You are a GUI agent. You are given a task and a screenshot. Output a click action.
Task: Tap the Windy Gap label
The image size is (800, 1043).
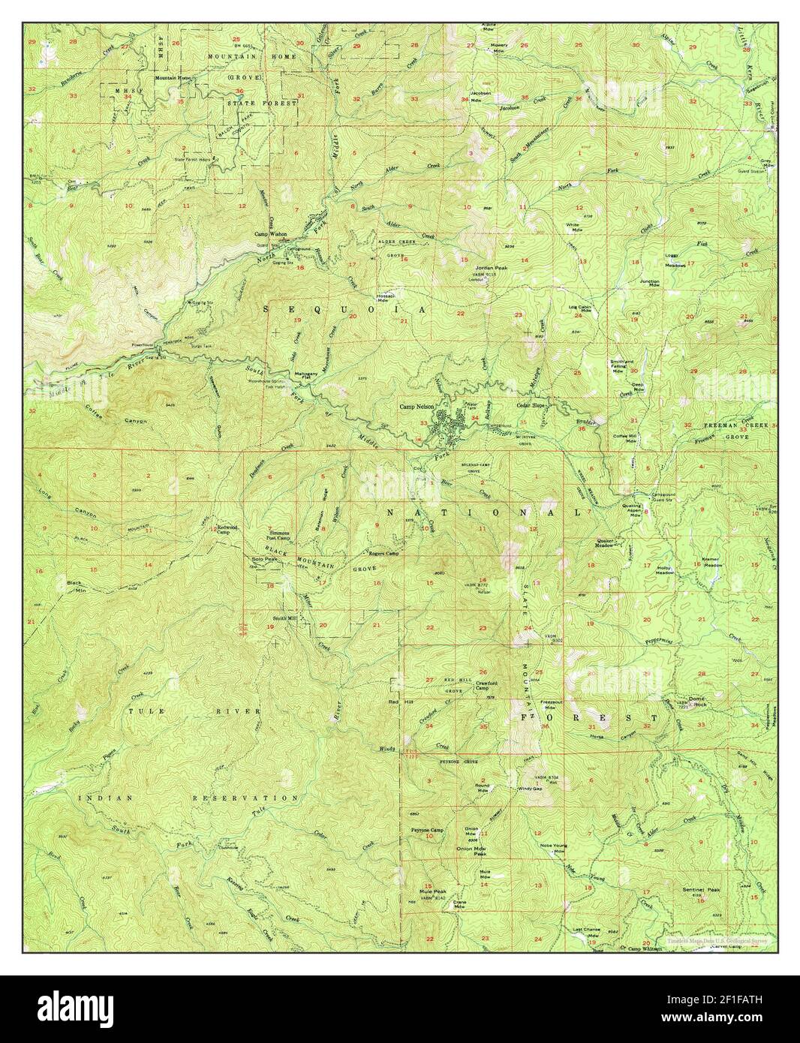529,789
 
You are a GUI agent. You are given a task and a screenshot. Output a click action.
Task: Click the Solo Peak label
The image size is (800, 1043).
266,559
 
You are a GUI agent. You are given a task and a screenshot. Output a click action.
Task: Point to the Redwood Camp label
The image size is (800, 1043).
227,529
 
